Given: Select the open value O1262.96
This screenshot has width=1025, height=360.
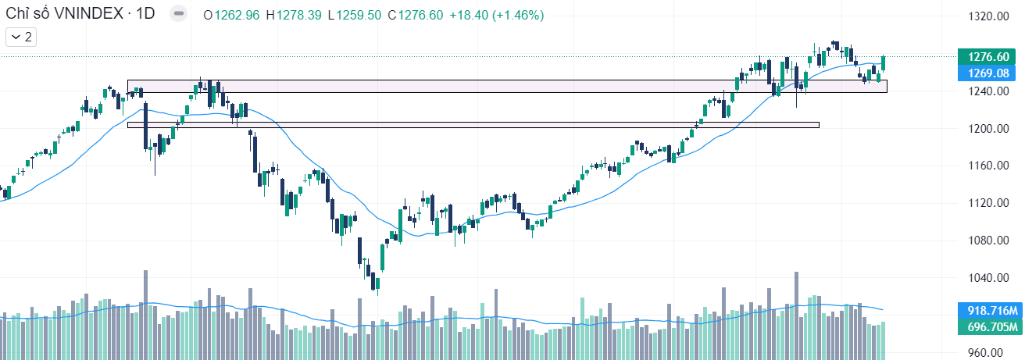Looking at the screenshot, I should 230,15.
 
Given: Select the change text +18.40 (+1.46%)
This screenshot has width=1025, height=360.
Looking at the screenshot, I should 497,15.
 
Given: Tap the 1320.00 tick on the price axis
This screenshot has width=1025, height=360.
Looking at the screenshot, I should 987,16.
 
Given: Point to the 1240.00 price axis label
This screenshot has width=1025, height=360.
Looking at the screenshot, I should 987,91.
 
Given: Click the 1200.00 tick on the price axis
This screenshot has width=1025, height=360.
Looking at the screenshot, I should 987,129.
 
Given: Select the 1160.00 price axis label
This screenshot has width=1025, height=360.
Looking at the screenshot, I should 987,166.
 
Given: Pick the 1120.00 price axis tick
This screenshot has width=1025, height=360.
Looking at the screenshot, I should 987,203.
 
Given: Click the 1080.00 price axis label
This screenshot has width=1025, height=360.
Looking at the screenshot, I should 987,241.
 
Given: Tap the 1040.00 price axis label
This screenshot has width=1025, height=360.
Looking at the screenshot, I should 987,278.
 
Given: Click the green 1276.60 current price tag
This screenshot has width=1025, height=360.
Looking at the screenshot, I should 989,57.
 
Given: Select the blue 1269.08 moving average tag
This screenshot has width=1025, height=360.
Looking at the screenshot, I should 989,73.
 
